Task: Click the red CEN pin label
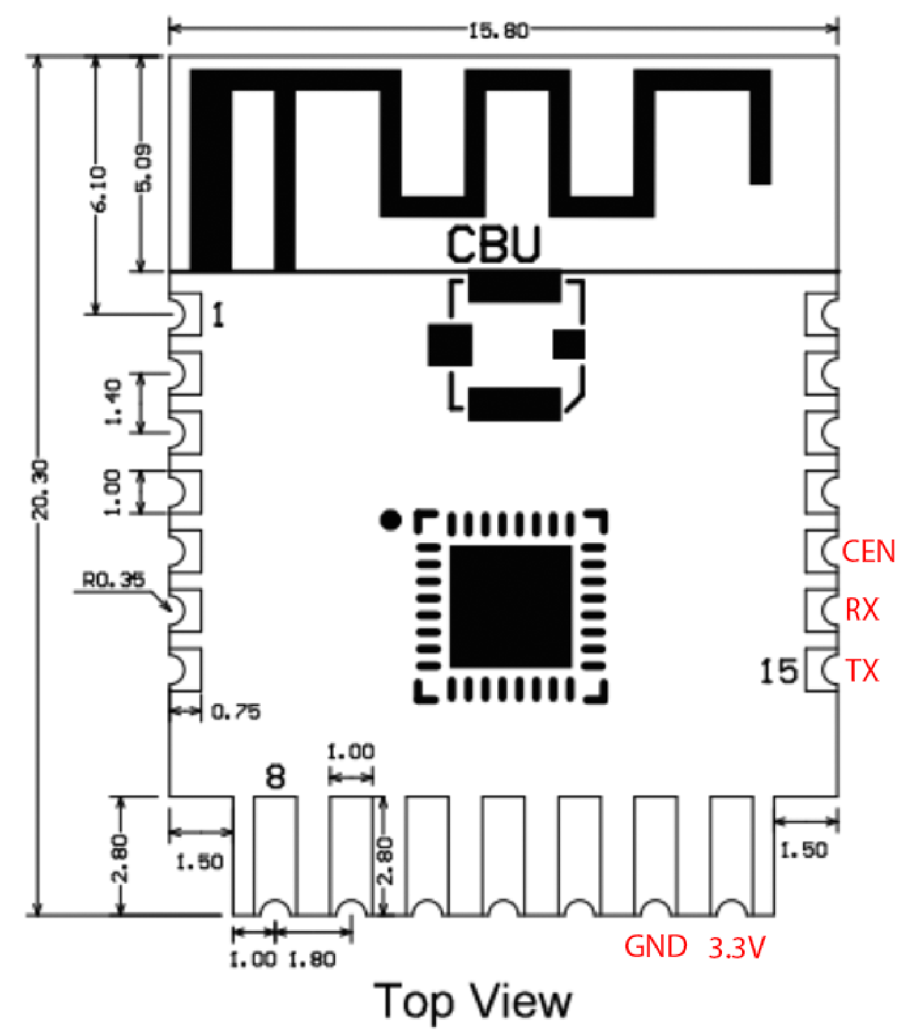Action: coord(868,551)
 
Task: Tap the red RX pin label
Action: coord(862,610)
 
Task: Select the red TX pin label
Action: coord(863,670)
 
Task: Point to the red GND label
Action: coord(655,947)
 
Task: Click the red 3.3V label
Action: coord(737,948)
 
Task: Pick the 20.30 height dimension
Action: coord(41,490)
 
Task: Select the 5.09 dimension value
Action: coord(144,167)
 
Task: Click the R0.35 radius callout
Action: coord(113,580)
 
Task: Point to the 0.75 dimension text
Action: coord(236,712)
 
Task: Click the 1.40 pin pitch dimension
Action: coord(113,402)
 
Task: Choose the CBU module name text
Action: coord(493,244)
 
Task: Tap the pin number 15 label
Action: coord(778,671)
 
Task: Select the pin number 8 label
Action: coord(276,776)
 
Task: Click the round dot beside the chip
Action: coord(390,520)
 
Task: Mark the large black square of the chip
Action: coord(511,606)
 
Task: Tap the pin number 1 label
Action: coord(218,316)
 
